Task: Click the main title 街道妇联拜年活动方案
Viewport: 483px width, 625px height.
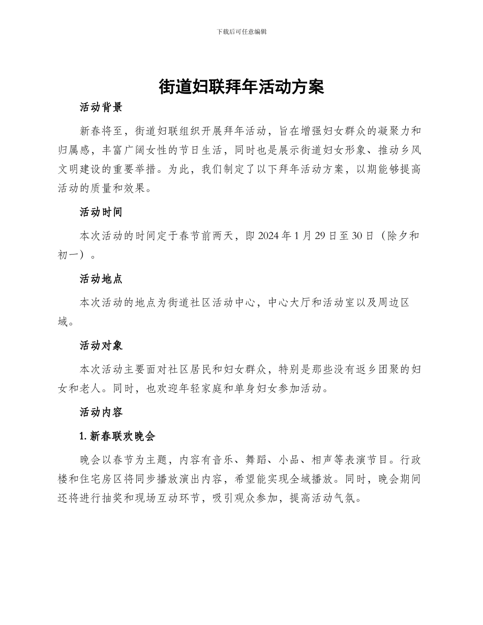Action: [241, 86]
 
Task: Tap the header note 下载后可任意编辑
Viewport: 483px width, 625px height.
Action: [241, 32]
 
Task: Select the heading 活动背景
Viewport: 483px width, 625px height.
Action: [101, 107]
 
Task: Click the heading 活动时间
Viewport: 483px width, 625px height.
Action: [101, 212]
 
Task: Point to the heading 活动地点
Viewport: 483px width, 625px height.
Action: [101, 278]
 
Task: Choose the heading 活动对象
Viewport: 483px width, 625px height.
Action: [101, 346]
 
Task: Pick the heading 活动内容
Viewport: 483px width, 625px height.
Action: [101, 412]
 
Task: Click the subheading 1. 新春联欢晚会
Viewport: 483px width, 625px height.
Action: [117, 436]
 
